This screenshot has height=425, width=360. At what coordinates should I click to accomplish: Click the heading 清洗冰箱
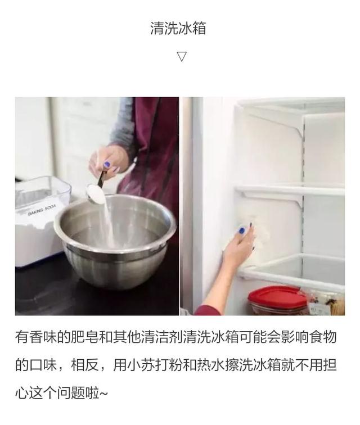178,28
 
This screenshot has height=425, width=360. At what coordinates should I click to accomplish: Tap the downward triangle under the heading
182,56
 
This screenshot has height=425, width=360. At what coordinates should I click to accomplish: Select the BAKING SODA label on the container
42,210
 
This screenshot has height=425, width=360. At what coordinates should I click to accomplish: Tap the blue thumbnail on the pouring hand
107,165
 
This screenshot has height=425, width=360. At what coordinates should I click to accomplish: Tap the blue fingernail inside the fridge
241,231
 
